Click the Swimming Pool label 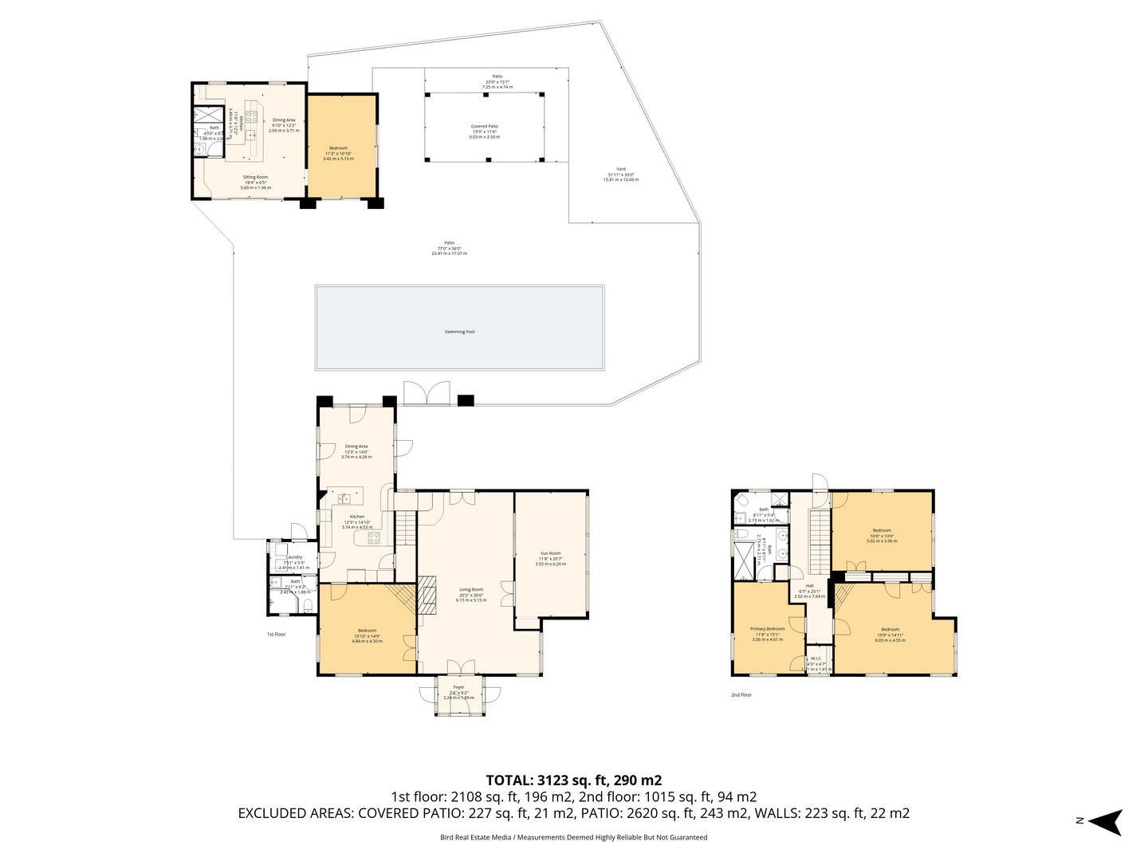[x=459, y=332]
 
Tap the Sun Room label [x=550, y=553]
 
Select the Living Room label [x=471, y=590]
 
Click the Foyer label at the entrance [x=458, y=687]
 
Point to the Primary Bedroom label [x=768, y=629]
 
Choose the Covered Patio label [x=484, y=127]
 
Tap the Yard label [x=620, y=169]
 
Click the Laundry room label [x=294, y=557]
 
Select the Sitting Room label [x=255, y=177]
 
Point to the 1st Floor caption [x=276, y=635]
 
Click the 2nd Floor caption [x=741, y=695]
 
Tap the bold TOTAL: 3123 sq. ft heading [x=574, y=780]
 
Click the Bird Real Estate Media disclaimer [x=573, y=838]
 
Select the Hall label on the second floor [x=809, y=586]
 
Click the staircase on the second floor [x=820, y=542]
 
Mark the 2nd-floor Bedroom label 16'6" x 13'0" [x=882, y=530]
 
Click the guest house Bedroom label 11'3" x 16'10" [x=338, y=148]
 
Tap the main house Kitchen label [x=356, y=517]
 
